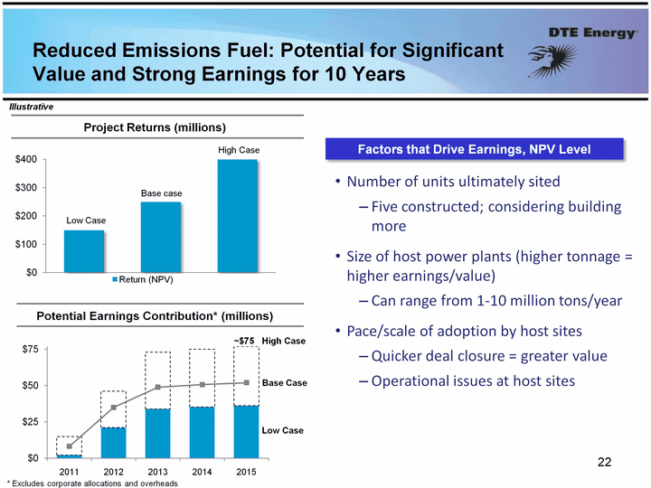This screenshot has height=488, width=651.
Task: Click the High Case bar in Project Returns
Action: [x=238, y=215]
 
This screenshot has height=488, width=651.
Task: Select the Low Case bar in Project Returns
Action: [x=84, y=250]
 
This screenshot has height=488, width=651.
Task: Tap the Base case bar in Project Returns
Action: [x=161, y=236]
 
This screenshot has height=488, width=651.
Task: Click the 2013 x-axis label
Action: [x=157, y=472]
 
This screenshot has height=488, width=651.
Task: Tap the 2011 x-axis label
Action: [x=70, y=472]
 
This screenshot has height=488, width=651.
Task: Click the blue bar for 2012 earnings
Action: [x=113, y=442]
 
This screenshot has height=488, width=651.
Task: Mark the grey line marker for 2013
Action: [x=157, y=387]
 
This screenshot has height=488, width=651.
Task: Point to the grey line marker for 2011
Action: [x=70, y=446]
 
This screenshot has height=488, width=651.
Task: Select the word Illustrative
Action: [x=32, y=107]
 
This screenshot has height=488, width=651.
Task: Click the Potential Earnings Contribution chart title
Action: [x=154, y=315]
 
